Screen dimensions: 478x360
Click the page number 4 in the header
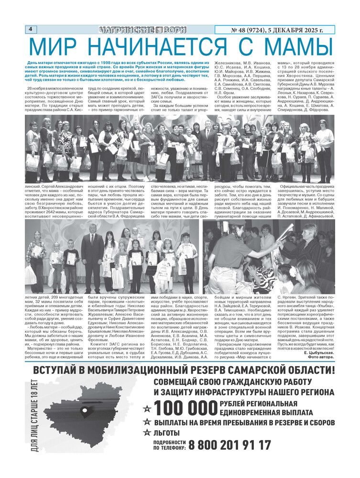30,29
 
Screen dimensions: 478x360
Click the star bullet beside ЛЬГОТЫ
148,434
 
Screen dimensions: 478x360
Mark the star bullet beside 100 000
148,409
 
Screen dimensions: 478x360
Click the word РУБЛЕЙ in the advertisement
236,405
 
